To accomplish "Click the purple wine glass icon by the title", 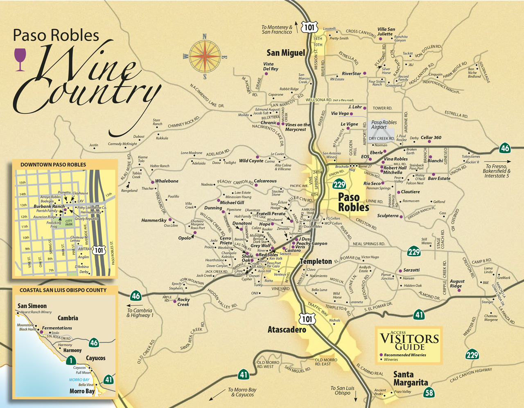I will point(20,59).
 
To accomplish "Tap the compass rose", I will point(205,56).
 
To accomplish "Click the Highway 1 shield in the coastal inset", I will point(71,361).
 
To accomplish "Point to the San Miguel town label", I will point(286,53).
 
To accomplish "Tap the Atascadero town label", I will point(287,329).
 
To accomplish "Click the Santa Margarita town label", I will point(410,379).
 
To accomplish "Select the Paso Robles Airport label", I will point(384,125).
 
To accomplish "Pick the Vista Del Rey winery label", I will point(271,66).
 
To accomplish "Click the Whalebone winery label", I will point(167,181).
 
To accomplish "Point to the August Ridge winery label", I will point(457,284).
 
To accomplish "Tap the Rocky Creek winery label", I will point(183,302).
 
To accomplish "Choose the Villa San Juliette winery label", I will point(386,32).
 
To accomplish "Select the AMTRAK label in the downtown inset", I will point(85,249).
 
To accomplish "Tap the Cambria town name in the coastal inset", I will point(68,318).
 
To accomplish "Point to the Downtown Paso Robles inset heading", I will point(53,165).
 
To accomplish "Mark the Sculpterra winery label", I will point(388,216).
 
